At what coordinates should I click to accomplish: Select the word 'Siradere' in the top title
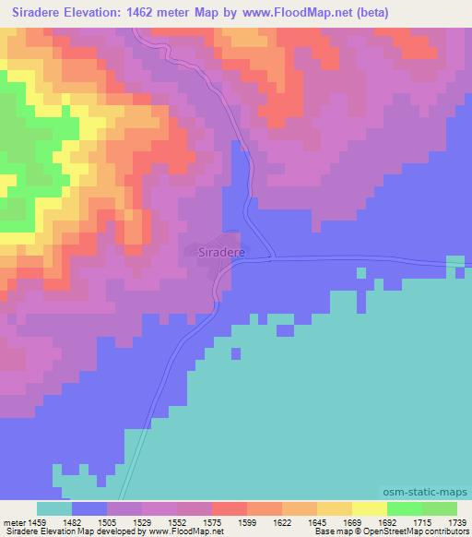tap(32, 13)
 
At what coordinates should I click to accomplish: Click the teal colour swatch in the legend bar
tap(54, 508)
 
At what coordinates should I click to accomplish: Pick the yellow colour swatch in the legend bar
tap(369, 508)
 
